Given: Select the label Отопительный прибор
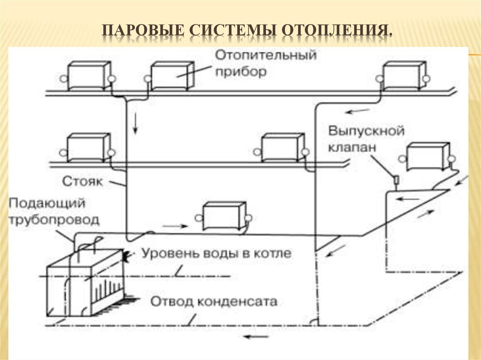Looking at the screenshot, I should [x=266, y=64].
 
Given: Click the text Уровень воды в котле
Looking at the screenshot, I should [x=217, y=254].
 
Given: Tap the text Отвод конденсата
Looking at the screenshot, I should [x=214, y=301].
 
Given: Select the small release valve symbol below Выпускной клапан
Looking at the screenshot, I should [x=396, y=180].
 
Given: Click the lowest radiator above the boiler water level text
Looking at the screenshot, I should [x=223, y=216].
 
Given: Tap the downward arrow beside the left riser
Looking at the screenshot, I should [x=135, y=123].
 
